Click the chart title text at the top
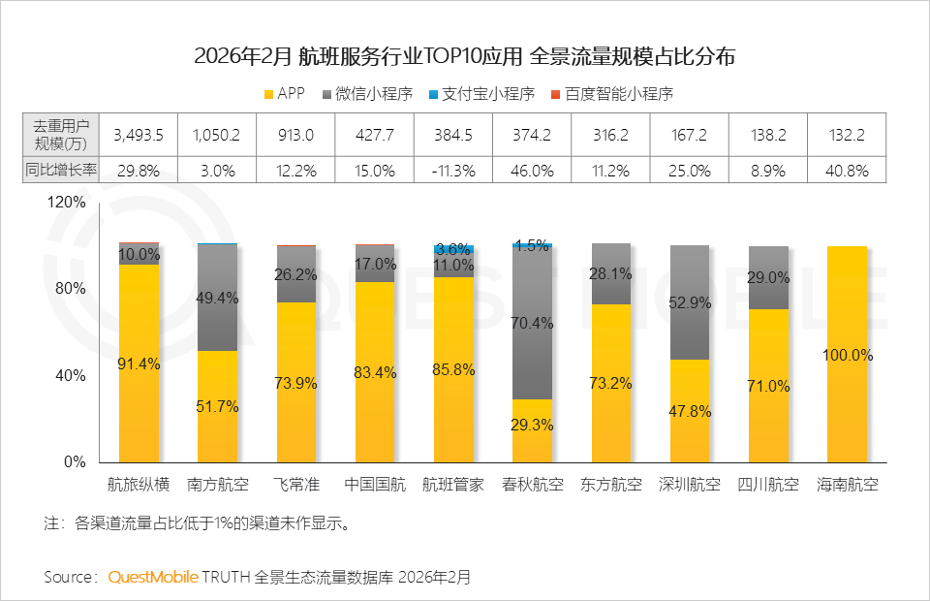464,56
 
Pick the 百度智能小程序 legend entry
610,94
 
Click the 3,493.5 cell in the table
139,134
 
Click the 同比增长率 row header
61,170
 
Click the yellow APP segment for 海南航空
848,354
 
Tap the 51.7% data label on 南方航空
218,406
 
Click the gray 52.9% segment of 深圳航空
690,302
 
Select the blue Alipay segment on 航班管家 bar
453,249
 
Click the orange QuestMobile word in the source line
152,577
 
